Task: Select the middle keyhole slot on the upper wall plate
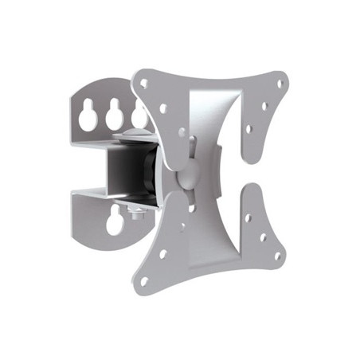114,113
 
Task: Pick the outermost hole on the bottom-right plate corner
277,256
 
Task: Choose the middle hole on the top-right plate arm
265,104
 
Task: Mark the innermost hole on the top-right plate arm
248,127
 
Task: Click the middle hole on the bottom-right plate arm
264,237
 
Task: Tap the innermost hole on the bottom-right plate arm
248,217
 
